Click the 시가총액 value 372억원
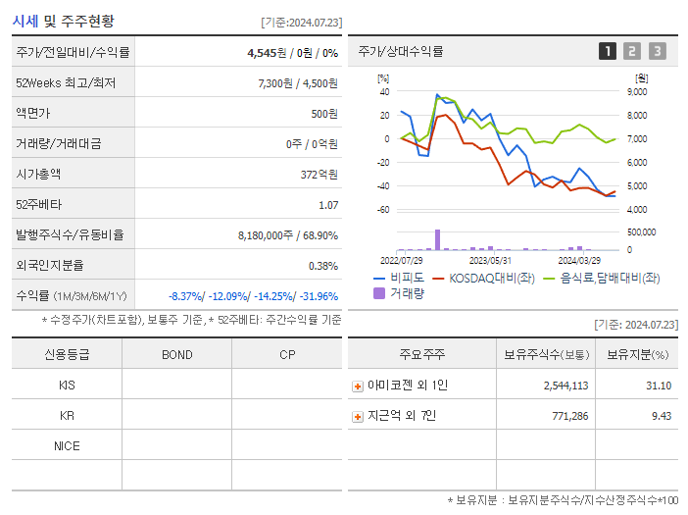320,175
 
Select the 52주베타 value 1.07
327,205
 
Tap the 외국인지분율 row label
50,266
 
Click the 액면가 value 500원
323,114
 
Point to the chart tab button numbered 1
608,51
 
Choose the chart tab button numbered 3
657,51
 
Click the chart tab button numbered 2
632,51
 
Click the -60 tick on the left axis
383,210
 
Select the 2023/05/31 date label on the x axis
490,261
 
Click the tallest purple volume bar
437,240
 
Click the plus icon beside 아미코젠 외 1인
358,386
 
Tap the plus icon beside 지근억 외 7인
358,417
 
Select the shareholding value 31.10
659,386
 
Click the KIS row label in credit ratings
67,386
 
